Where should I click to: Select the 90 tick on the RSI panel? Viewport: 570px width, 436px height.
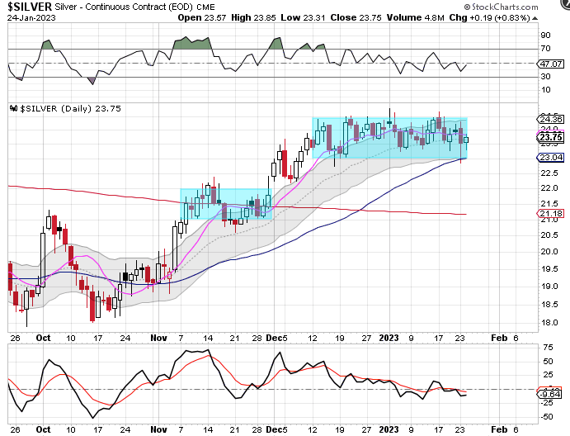click(545, 36)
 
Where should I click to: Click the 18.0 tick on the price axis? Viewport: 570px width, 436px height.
click(548, 323)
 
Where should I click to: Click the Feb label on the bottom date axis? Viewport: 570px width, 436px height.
click(497, 429)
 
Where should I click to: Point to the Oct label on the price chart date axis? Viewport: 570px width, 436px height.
click(44, 338)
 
